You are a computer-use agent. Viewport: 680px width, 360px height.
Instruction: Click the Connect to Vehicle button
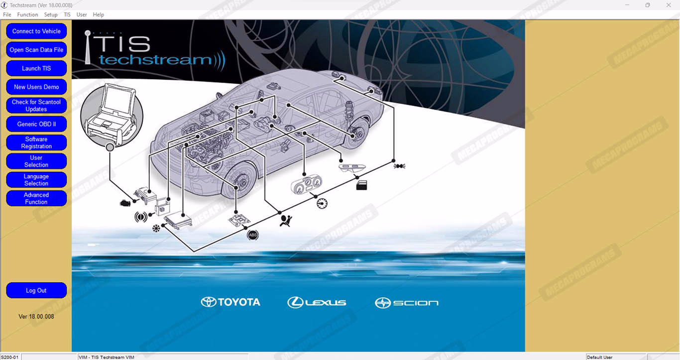pyautogui.click(x=36, y=31)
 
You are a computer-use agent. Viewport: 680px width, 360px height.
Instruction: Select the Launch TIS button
pyautogui.click(x=36, y=68)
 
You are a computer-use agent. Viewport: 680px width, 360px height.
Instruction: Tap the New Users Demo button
pyautogui.click(x=36, y=87)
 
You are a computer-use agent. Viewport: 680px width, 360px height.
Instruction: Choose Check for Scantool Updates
pyautogui.click(x=36, y=106)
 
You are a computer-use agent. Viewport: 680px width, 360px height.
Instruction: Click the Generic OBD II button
pyautogui.click(x=36, y=124)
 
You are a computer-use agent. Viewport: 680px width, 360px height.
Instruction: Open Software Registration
pyautogui.click(x=36, y=143)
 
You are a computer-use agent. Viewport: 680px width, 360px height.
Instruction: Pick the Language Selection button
pyautogui.click(x=36, y=180)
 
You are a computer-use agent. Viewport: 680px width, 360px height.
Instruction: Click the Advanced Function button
pyautogui.click(x=36, y=198)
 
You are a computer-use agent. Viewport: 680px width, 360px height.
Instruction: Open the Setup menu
pyautogui.click(x=51, y=14)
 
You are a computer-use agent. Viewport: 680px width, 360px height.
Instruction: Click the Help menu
pyautogui.click(x=99, y=14)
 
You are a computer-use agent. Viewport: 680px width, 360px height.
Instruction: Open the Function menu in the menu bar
pyautogui.click(x=27, y=14)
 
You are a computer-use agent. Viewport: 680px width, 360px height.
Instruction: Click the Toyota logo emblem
pyautogui.click(x=209, y=302)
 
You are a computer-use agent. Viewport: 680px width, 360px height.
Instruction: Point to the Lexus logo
pyautogui.click(x=317, y=302)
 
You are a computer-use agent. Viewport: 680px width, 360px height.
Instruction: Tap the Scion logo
pyautogui.click(x=407, y=303)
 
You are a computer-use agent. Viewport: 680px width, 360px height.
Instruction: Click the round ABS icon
pyautogui.click(x=252, y=235)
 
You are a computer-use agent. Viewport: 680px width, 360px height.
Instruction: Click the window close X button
pyautogui.click(x=669, y=5)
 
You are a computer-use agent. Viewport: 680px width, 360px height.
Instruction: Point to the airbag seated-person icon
pyautogui.click(x=286, y=221)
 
